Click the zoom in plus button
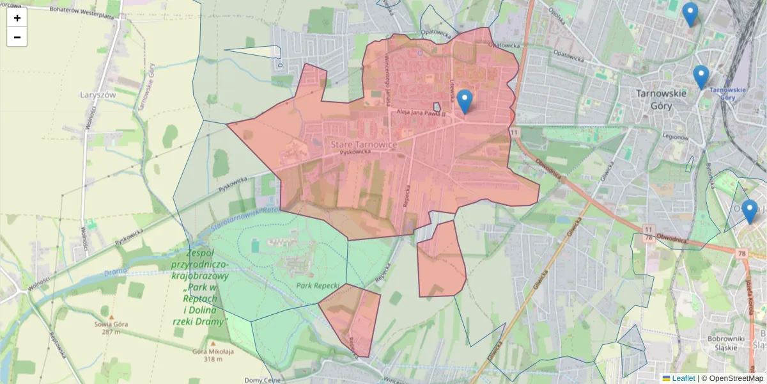click(x=17, y=18)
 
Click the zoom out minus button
click(x=17, y=37)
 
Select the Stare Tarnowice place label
click(x=364, y=145)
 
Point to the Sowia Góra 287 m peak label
click(x=112, y=327)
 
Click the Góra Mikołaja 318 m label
click(x=213, y=355)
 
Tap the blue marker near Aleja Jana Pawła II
click(x=465, y=101)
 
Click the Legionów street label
click(x=675, y=137)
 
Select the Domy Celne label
click(x=263, y=380)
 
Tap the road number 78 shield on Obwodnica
click(x=741, y=253)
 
